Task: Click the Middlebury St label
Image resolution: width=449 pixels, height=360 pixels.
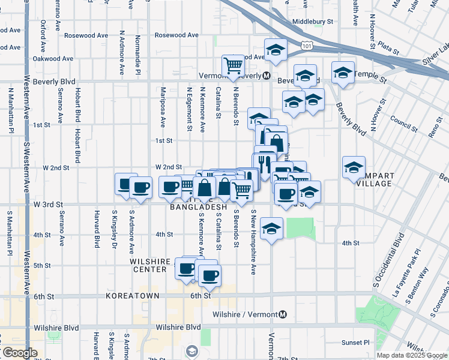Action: coord(312,22)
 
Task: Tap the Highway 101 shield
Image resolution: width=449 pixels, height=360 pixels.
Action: coord(307,45)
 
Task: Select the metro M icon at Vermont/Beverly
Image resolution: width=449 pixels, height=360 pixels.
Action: coord(266,76)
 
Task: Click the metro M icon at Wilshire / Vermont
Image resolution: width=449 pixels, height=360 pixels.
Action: coord(283,314)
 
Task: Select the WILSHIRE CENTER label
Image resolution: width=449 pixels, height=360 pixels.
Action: coord(149,266)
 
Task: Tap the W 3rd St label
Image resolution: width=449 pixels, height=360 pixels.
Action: coord(49,205)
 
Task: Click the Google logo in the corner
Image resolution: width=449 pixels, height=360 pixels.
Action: coord(19,353)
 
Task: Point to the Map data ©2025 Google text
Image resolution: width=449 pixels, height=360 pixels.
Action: coord(412,355)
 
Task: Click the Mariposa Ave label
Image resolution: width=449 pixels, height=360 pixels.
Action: coord(163,108)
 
